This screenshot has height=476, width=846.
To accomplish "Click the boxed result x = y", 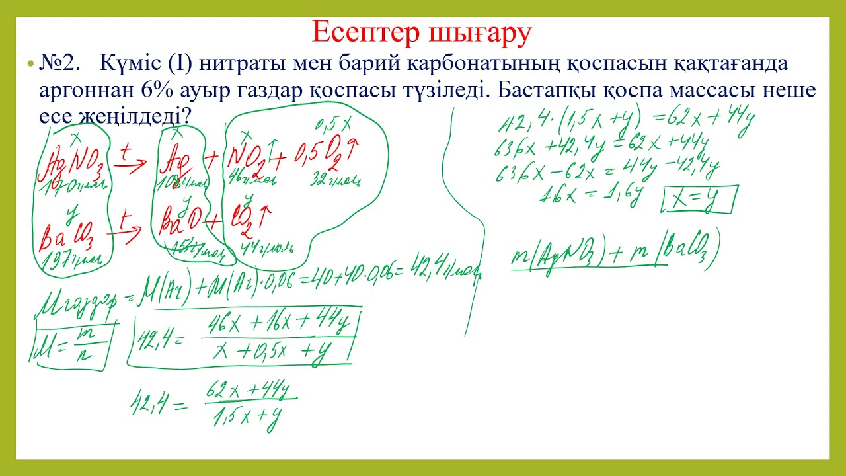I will tap(700, 200).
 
